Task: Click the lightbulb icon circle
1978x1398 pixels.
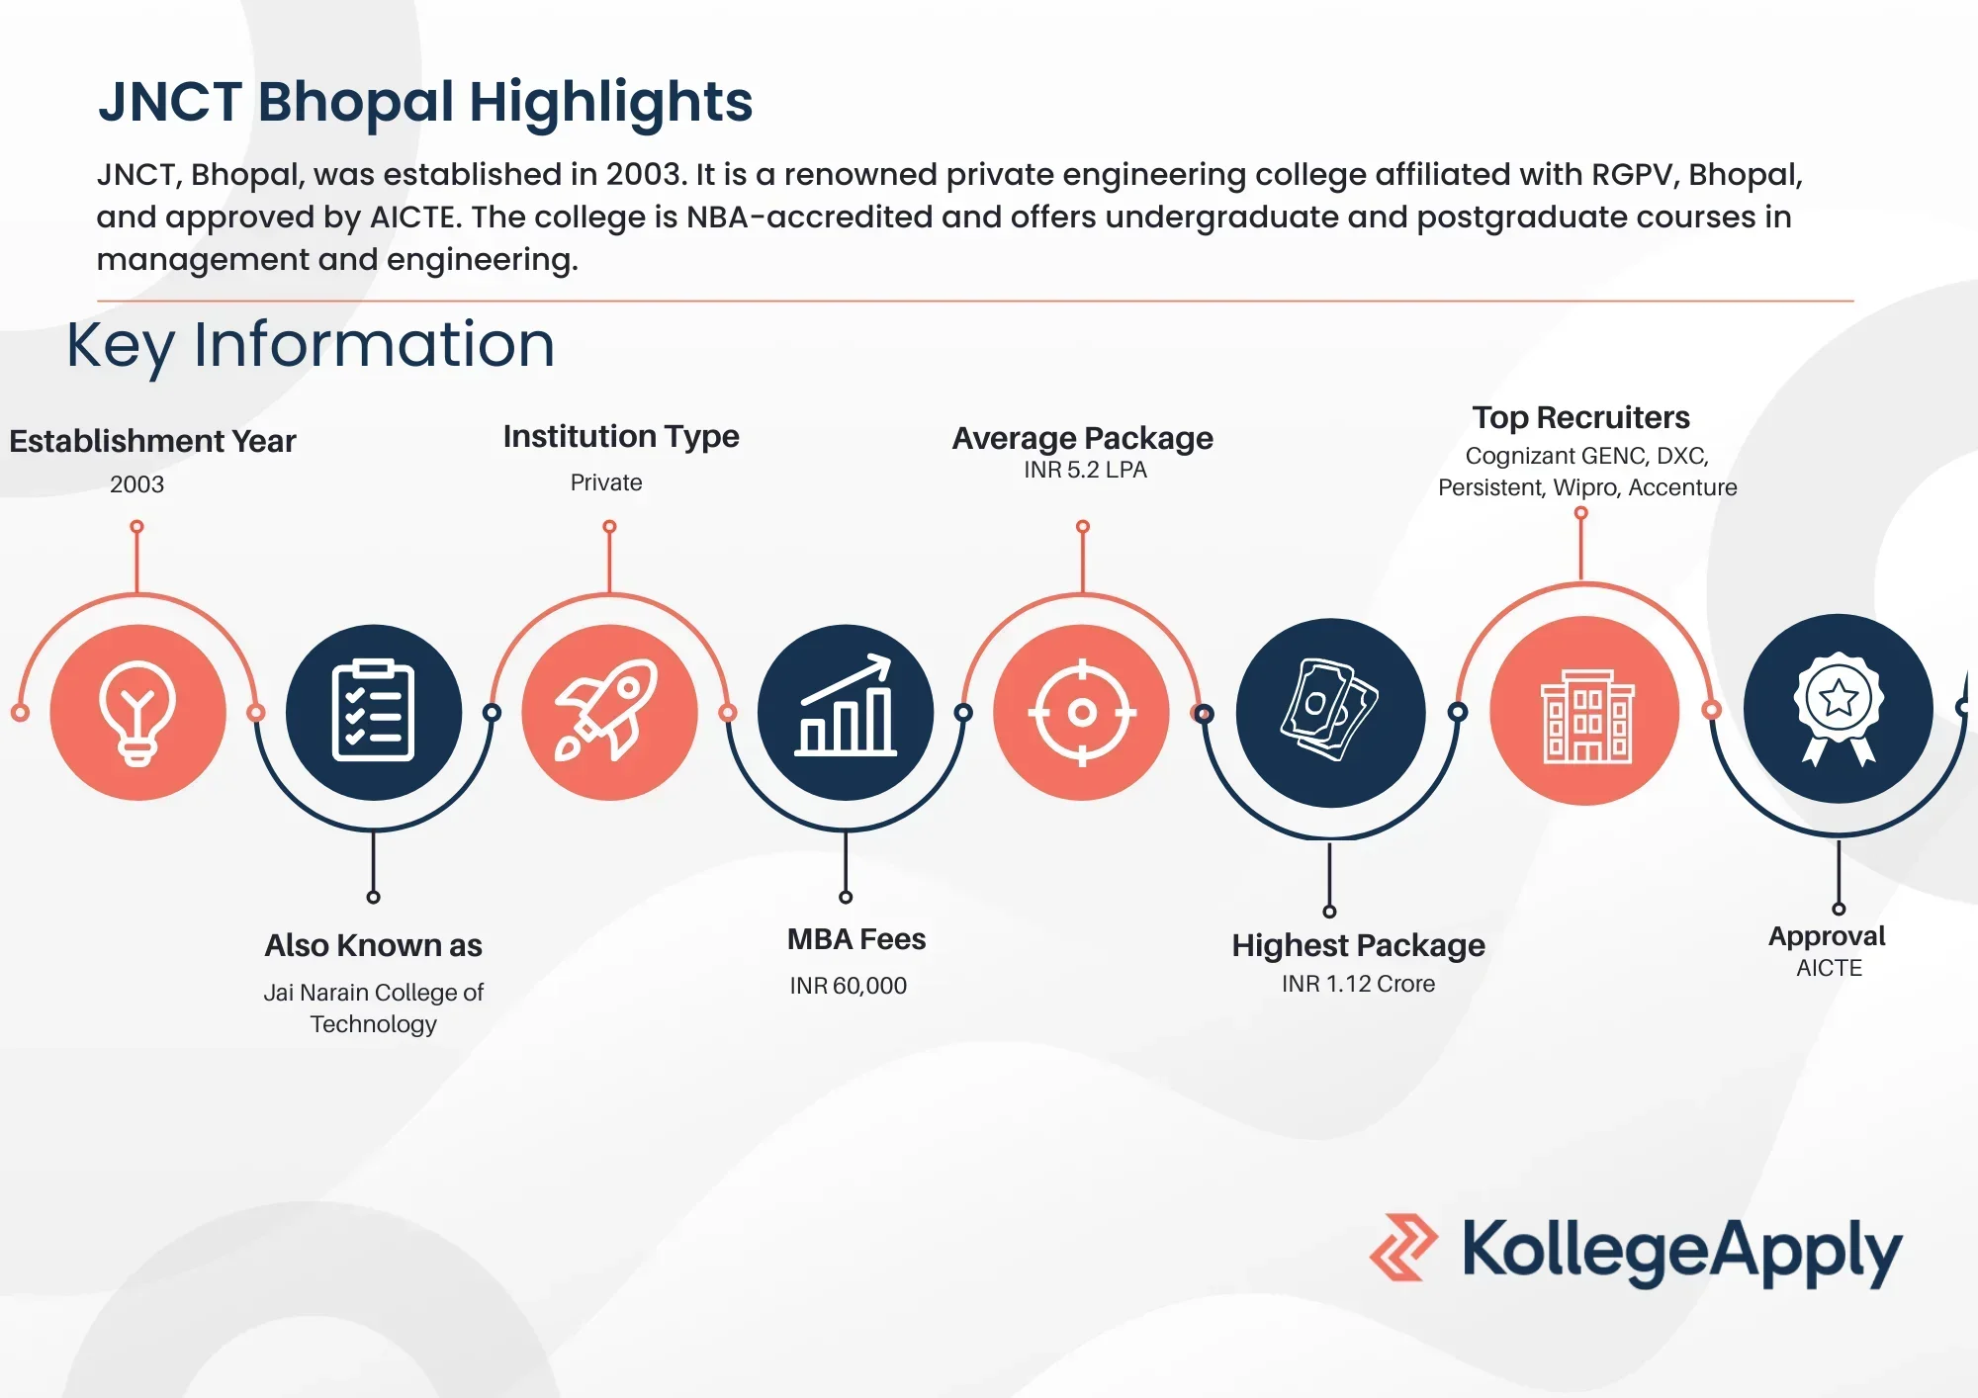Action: click(137, 712)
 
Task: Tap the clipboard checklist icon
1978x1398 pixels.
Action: click(373, 712)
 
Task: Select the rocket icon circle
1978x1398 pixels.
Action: click(609, 712)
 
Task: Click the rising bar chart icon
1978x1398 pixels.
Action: click(846, 712)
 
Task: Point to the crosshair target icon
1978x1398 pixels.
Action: click(1082, 712)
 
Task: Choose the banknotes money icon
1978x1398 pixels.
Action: click(1330, 712)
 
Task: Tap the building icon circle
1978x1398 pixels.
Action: click(1585, 712)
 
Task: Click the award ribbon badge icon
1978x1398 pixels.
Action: click(1838, 708)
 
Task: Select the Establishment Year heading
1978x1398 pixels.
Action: click(152, 441)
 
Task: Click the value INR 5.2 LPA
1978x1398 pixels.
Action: click(1085, 471)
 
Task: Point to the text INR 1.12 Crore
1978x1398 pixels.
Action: click(1358, 984)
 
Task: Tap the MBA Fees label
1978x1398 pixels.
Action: click(856, 939)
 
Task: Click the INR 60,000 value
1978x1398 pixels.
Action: click(848, 986)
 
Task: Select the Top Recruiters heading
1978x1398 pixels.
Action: click(1580, 417)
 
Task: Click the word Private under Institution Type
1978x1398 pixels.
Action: click(606, 482)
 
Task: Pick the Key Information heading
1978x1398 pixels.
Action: click(311, 345)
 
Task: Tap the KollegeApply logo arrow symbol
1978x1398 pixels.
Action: click(1403, 1248)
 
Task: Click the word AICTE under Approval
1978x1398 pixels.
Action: click(1829, 968)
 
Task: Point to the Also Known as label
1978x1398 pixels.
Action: click(373, 945)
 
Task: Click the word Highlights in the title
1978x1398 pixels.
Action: click(610, 102)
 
